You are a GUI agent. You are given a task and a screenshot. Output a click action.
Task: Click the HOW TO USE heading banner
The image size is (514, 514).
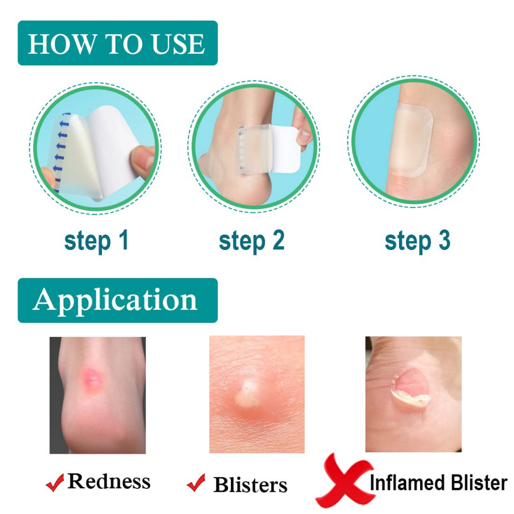pos(117,43)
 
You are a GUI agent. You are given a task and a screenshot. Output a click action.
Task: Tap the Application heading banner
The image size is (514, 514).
pos(117,300)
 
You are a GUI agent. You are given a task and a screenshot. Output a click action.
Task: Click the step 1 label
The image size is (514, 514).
pos(96,241)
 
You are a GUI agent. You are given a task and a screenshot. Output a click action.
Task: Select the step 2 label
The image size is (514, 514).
pos(251,241)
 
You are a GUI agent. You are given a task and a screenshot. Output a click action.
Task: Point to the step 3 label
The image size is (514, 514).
pos(417,241)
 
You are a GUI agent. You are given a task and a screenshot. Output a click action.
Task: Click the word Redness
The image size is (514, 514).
pos(109,481)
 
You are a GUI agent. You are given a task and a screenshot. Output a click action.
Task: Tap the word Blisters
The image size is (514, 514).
pos(250,484)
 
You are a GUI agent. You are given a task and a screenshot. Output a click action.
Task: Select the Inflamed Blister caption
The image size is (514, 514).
pos(439,482)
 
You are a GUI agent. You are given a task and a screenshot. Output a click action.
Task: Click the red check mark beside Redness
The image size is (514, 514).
pos(55,482)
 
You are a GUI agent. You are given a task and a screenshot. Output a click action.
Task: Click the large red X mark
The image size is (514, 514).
pos(344,480)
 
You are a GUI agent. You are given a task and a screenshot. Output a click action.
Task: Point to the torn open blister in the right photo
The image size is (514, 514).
pos(411,388)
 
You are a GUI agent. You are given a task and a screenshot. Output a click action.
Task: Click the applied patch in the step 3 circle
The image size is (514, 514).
pos(413,141)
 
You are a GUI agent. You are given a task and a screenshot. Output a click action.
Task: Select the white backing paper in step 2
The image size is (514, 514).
pos(285,149)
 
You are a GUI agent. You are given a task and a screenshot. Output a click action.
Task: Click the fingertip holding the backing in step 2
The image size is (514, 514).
pos(304,128)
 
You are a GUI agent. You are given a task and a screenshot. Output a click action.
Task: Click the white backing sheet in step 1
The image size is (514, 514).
pos(115,146)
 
